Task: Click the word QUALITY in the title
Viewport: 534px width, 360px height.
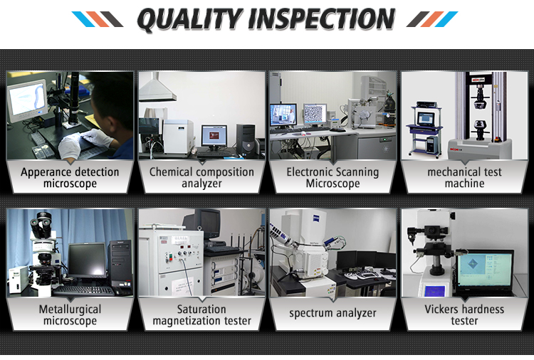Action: coord(189,19)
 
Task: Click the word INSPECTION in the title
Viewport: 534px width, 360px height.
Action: coord(322,19)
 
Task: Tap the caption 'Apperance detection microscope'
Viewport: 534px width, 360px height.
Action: coord(70,178)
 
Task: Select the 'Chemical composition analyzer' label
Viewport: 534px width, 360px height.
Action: coord(201,178)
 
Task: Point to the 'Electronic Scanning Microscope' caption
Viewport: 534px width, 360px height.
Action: coord(333,178)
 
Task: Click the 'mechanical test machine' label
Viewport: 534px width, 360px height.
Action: coord(464,178)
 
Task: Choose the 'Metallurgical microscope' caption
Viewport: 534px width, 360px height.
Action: coord(70,314)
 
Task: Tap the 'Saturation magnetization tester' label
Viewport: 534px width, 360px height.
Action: coord(201,314)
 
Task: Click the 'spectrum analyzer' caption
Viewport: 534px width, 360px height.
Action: coord(333,313)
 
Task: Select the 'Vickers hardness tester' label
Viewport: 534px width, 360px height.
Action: coord(464,314)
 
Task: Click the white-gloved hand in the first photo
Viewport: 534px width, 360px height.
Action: coord(69,147)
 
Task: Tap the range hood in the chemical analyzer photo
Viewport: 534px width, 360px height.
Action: coord(157,88)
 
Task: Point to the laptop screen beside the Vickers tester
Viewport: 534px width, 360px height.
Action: coord(485,270)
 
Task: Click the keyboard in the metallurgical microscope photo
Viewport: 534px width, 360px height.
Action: coord(83,290)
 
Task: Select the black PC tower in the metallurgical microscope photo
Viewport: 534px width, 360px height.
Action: coord(120,263)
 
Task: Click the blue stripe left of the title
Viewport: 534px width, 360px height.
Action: coord(82,19)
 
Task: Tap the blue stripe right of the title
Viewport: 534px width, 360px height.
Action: coord(446,19)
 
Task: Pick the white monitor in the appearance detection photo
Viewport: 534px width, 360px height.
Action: coord(27,100)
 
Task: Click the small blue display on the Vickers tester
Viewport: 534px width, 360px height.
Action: coord(434,292)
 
